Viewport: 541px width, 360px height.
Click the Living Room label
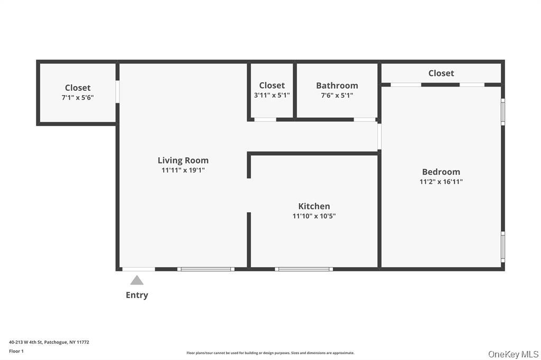(183, 160)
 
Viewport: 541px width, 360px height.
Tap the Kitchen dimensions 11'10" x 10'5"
(314, 216)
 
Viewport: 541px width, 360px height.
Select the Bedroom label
(441, 172)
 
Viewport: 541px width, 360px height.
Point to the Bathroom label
(337, 86)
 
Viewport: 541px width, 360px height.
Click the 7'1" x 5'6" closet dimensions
(78, 98)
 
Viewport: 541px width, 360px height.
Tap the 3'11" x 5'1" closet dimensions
(272, 96)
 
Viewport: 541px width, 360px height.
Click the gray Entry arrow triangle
(137, 280)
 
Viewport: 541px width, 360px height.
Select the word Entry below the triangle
(137, 295)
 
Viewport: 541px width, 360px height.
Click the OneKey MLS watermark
(513, 354)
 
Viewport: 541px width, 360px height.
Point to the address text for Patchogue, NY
(49, 342)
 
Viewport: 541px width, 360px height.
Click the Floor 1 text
(16, 351)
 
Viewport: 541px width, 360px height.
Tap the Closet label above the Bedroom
(441, 73)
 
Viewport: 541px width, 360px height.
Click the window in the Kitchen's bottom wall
(304, 269)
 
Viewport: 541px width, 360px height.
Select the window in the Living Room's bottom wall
(206, 269)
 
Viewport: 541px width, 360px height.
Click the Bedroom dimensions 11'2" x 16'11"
(441, 182)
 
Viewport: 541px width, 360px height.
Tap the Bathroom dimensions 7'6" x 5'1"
(337, 96)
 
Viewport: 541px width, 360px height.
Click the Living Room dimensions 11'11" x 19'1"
(183, 170)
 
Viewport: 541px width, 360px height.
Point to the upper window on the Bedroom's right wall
(503, 111)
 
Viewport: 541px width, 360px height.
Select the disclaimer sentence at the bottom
(270, 353)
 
